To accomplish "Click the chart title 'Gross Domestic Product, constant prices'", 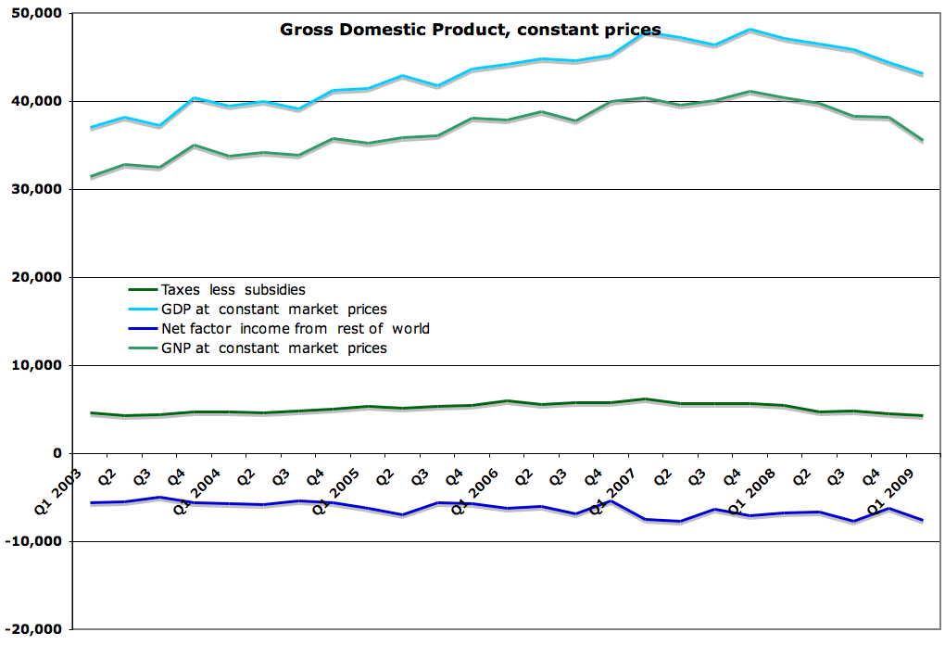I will click(x=470, y=30).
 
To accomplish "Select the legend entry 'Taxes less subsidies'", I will click(x=233, y=289).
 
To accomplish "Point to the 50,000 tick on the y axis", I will click(x=37, y=13).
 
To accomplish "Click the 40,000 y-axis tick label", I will click(x=37, y=101).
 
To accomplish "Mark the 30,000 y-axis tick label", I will click(x=37, y=189).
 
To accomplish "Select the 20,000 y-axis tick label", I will click(x=37, y=277).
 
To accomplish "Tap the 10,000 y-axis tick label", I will click(x=37, y=365).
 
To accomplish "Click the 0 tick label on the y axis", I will click(x=57, y=453).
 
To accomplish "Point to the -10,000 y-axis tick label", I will click(x=34, y=541).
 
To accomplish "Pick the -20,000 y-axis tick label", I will click(x=34, y=629).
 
